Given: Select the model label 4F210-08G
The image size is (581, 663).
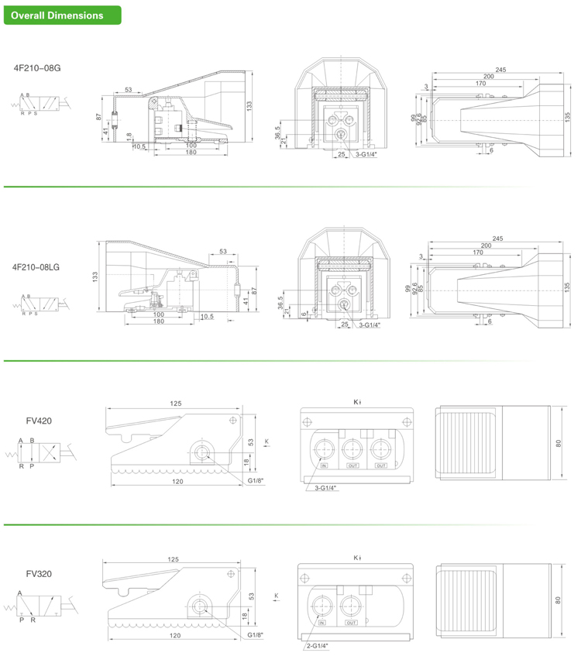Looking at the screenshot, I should (x=37, y=68).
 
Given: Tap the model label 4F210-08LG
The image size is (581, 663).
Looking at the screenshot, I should (x=36, y=266).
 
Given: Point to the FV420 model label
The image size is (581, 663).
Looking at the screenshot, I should (x=38, y=421).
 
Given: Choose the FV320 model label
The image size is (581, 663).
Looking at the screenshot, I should (x=38, y=574).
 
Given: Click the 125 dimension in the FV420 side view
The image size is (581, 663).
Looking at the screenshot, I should (x=177, y=403).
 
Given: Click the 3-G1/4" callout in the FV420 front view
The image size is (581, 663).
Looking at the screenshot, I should (x=327, y=487).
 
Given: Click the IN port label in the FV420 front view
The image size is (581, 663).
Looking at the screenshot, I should (x=324, y=466).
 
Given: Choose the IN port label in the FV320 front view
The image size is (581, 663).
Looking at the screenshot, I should (x=323, y=622).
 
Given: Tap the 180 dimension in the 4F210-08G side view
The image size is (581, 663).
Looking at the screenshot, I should (x=190, y=152).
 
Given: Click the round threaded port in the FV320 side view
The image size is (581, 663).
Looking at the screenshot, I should (x=203, y=606).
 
